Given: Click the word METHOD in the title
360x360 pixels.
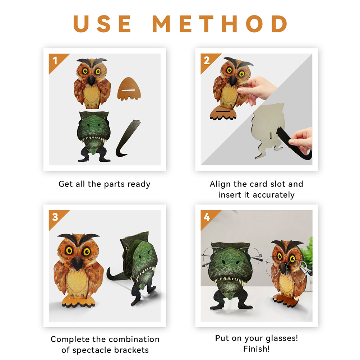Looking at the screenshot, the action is click(x=220, y=24).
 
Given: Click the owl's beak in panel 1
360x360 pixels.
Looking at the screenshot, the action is click(x=91, y=79).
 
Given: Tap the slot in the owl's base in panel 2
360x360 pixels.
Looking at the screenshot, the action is click(x=223, y=111).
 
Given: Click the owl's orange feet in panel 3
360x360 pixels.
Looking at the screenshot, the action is click(x=78, y=301).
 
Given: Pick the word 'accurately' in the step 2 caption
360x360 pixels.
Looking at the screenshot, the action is click(x=273, y=195).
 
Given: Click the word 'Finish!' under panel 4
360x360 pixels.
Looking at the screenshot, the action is click(x=256, y=349).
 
